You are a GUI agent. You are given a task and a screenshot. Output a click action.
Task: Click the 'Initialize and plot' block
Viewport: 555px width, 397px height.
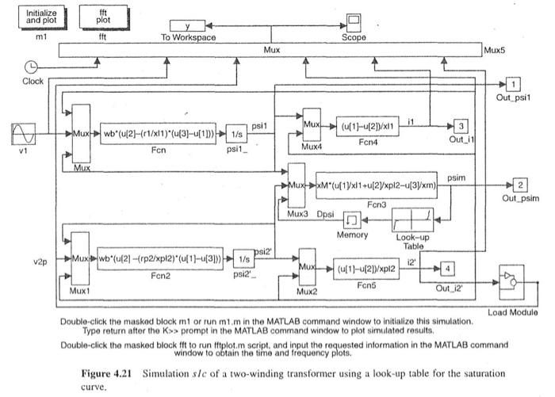(x=41, y=17)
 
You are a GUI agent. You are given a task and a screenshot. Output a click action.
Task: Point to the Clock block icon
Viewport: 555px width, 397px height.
(x=32, y=67)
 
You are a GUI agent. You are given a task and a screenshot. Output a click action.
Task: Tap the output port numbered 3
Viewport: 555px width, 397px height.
(x=462, y=126)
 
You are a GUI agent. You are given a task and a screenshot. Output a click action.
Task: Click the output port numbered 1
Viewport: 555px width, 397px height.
(x=514, y=84)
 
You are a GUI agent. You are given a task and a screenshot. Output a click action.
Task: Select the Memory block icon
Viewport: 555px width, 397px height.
(x=352, y=219)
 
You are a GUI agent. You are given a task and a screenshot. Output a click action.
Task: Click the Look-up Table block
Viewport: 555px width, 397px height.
(x=412, y=219)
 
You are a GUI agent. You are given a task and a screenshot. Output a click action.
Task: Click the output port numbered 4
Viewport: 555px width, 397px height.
(x=448, y=269)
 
